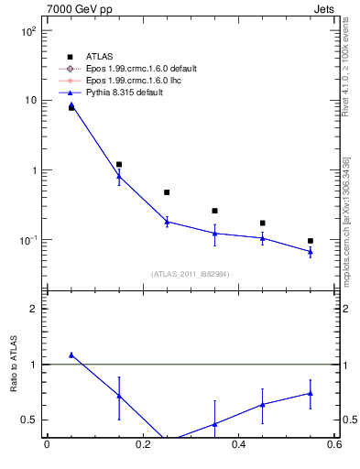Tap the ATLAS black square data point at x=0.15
click(x=119, y=165)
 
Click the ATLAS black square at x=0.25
click(x=167, y=192)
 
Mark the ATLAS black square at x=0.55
click(x=311, y=241)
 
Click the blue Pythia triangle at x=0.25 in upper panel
click(x=167, y=222)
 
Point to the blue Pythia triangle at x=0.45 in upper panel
click(x=263, y=238)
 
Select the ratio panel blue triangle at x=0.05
click(x=71, y=354)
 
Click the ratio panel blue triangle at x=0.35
click(x=214, y=424)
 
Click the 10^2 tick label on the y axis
click(x=28, y=30)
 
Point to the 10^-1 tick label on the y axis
click(x=28, y=240)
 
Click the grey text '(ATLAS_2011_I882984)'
click(x=191, y=273)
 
